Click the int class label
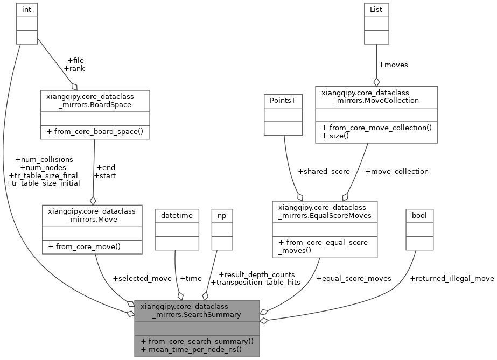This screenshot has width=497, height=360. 26,9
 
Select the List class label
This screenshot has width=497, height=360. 376,9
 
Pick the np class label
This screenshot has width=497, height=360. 222,215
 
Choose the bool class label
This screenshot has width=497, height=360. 419,215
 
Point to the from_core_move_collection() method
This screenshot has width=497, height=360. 376,128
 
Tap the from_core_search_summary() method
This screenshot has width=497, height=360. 197,341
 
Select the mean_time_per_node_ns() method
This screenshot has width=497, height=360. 191,349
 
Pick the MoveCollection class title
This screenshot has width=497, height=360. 376,96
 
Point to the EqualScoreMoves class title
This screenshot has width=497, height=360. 324,211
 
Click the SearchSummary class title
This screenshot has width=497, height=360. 197,310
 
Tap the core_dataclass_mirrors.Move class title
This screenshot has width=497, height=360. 92,215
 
